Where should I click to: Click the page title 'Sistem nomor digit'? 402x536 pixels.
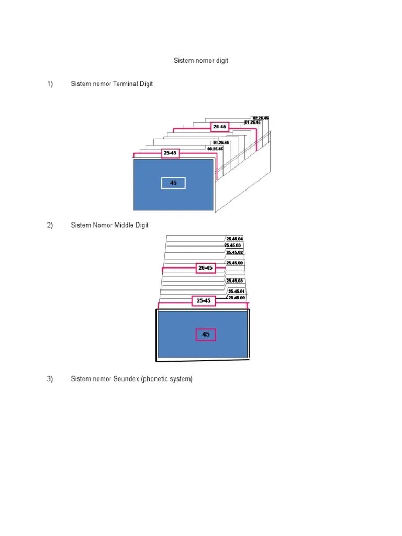tap(201, 61)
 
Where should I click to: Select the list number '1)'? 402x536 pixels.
tap(50, 84)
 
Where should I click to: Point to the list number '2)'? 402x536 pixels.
tap(50, 225)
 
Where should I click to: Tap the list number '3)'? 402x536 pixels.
tap(50, 379)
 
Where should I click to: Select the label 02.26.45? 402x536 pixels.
tap(260, 118)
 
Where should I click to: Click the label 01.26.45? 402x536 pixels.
tap(253, 122)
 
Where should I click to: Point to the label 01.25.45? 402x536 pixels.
tap(221, 142)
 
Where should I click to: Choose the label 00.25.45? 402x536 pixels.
tap(211, 149)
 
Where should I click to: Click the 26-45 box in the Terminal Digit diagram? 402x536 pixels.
tap(220, 127)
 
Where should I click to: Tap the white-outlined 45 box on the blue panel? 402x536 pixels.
tap(173, 183)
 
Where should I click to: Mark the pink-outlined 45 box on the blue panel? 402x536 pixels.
tap(206, 334)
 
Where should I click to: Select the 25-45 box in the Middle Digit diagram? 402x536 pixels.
tap(204, 300)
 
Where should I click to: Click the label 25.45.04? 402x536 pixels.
tap(234, 239)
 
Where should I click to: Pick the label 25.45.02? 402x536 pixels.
tap(234, 252)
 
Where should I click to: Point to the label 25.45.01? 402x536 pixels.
tap(237, 291)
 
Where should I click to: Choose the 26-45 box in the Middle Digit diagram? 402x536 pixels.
tap(205, 268)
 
